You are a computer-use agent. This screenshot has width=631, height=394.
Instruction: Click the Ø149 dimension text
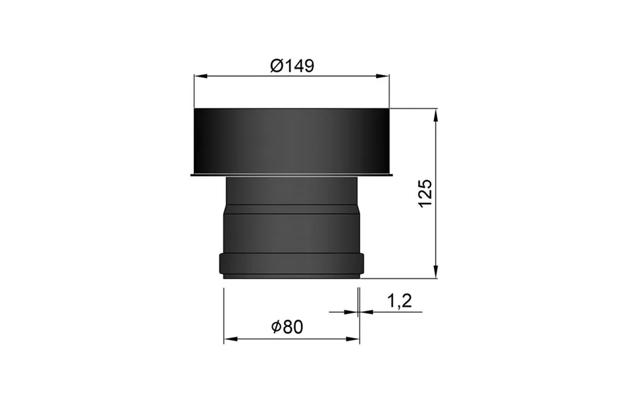coord(292,66)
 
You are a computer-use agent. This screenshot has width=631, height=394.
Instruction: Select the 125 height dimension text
coord(425,193)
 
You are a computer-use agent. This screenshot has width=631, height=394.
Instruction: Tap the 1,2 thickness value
coord(398,301)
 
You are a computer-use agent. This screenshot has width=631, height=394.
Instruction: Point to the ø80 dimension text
coord(288,327)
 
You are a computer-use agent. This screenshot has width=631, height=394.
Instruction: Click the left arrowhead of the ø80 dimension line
coord(229,339)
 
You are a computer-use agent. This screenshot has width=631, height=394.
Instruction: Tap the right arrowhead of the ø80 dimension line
coord(355,339)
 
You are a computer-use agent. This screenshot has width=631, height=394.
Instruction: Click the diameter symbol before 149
coord(276,66)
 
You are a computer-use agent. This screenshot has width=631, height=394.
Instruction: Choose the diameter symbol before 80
coord(277,327)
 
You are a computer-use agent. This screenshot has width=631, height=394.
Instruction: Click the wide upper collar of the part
coord(291,141)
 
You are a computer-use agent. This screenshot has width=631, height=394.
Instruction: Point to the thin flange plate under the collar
coord(291,175)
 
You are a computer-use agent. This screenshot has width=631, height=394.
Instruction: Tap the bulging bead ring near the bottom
coord(291,263)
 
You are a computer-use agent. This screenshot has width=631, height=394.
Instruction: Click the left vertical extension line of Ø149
coord(193,92)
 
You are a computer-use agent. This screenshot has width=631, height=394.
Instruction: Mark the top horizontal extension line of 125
coord(414,108)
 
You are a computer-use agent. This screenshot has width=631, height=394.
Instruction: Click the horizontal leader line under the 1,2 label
coord(394,312)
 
